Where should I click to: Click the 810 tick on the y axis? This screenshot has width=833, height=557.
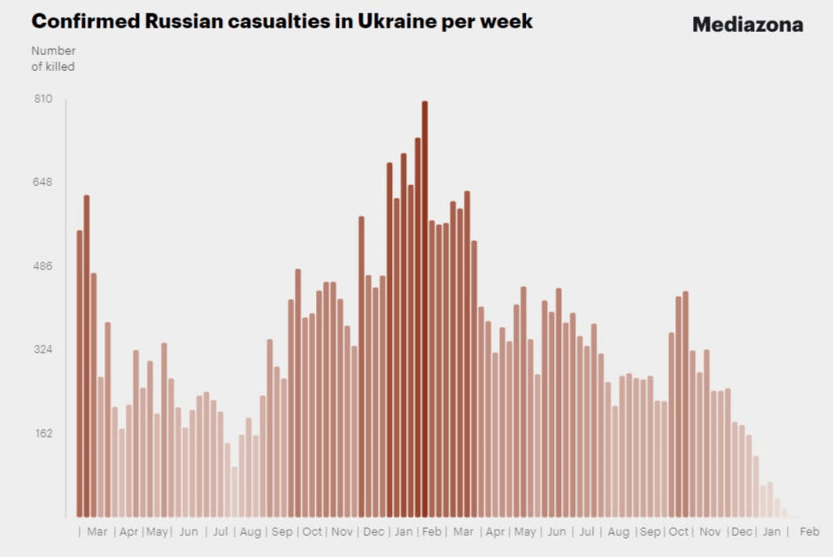tap(43, 99)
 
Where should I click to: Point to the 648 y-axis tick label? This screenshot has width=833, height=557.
tap(43, 182)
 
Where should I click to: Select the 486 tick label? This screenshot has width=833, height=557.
tap(43, 267)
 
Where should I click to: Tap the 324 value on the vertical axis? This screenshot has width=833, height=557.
tap(43, 350)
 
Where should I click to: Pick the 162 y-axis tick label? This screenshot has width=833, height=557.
tap(43, 434)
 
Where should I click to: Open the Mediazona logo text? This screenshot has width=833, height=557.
tap(747, 25)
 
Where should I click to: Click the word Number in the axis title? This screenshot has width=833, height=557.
tap(53, 50)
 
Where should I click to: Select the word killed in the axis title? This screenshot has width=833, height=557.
tap(60, 66)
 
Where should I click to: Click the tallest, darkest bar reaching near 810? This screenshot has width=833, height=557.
tap(425, 310)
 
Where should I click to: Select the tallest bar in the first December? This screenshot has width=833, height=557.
tap(361, 367)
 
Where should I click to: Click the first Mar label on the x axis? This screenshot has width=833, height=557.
tap(97, 532)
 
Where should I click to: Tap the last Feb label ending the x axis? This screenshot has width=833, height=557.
tap(809, 532)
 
